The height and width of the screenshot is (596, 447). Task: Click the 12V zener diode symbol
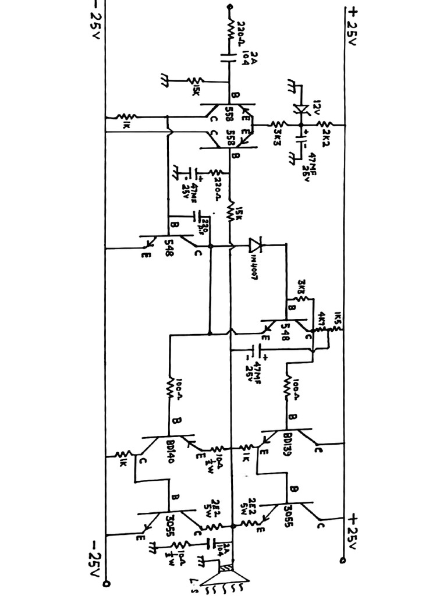click(301, 109)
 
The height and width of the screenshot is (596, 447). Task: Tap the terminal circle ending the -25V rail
click(105, 583)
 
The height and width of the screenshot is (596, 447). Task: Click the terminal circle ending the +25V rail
click(344, 561)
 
